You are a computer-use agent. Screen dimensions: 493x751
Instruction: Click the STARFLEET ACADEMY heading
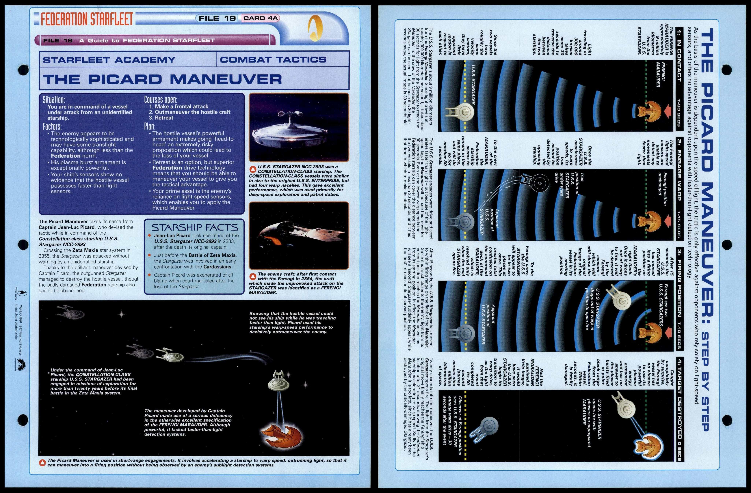(x=109, y=60)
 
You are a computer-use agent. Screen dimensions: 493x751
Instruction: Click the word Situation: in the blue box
(x=54, y=100)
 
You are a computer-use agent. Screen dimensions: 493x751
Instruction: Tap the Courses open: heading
(x=161, y=100)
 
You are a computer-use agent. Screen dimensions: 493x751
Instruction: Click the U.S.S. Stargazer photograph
(x=299, y=127)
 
